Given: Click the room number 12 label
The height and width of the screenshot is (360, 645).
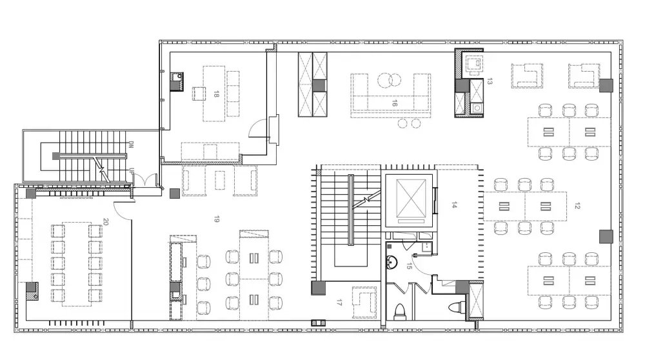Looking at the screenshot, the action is (577, 206).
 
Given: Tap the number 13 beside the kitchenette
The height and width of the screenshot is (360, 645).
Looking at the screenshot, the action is (489, 81).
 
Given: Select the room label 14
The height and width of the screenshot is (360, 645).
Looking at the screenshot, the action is (454, 205).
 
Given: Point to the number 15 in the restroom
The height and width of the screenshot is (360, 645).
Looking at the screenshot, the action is (408, 266).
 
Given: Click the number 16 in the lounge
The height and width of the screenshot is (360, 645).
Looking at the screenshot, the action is (395, 103).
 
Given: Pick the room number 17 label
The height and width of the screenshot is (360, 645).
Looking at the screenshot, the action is (339, 303).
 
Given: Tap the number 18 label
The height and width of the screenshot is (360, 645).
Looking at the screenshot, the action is (216, 94).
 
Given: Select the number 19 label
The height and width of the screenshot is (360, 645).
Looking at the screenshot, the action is (216, 219).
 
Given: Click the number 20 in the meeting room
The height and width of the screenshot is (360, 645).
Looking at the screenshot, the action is (106, 222).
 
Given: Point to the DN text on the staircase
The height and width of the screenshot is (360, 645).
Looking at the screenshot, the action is (131, 145).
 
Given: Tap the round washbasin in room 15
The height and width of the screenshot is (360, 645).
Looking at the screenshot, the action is (392, 262).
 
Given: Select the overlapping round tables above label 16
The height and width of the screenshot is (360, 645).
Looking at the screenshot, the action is (389, 80).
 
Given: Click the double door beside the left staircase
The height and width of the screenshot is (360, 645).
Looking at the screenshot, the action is (144, 180).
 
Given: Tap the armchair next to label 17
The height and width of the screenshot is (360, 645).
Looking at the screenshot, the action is (364, 303).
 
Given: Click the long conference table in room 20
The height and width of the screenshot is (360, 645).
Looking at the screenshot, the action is (77, 264).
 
